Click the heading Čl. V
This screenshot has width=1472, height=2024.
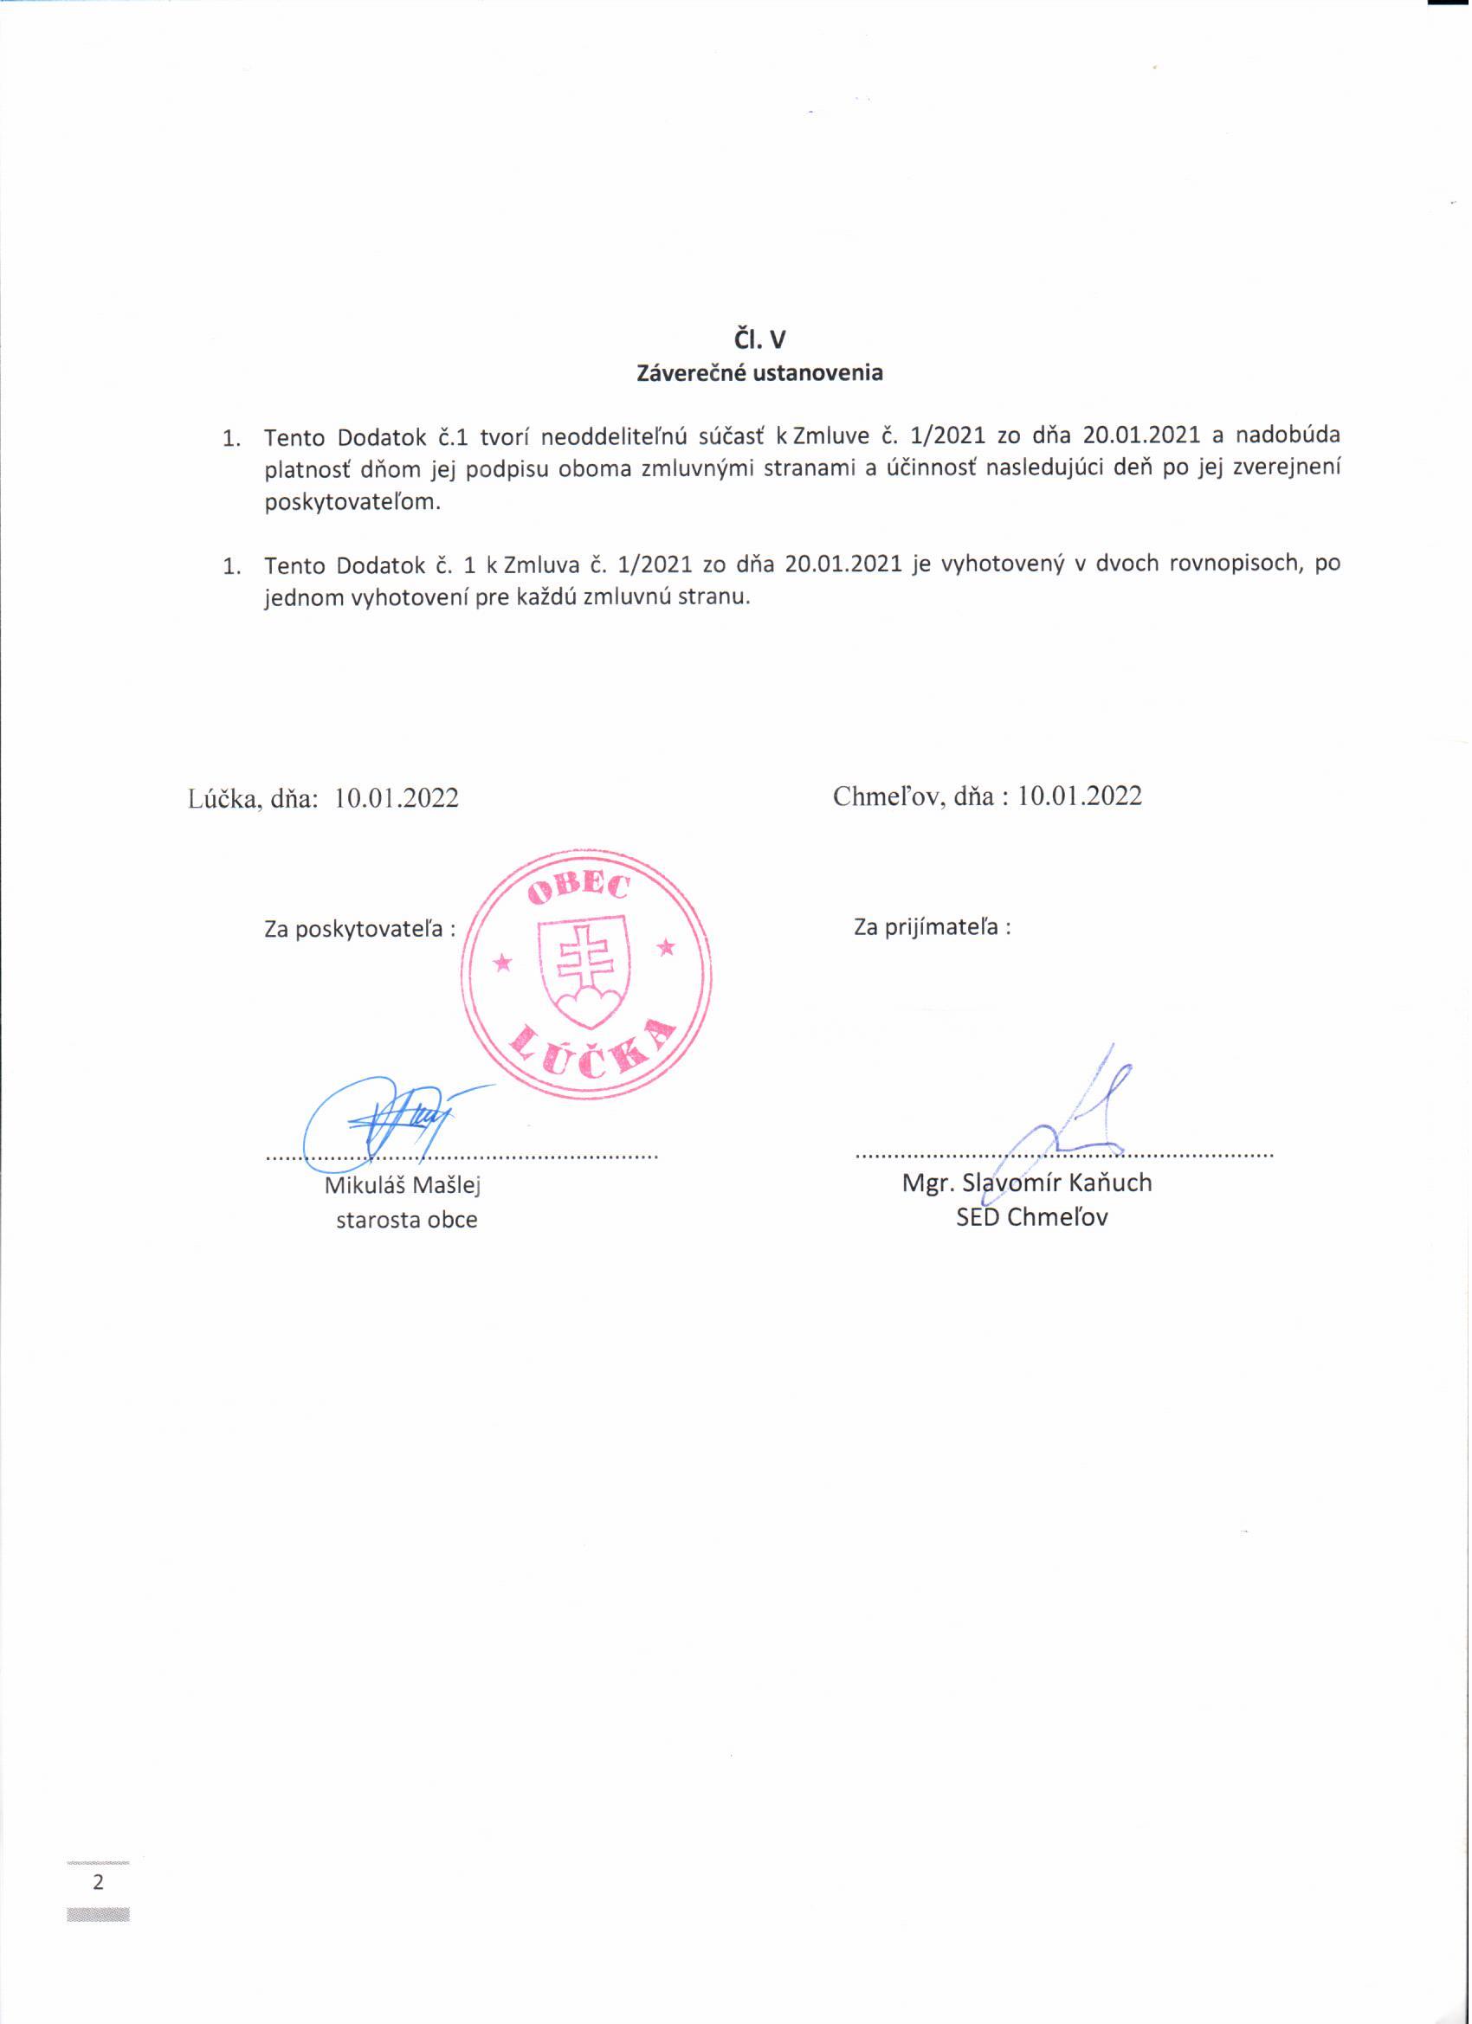(759, 339)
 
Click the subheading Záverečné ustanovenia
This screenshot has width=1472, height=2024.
(759, 373)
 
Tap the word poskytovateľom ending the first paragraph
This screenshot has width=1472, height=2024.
(352, 501)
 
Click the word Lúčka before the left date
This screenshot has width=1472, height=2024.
(223, 798)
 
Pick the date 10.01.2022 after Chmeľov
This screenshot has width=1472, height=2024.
(1080, 796)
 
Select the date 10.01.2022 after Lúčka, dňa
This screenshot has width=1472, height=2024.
(397, 798)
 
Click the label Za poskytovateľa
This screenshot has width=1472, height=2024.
(358, 929)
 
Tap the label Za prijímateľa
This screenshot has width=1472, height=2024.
(933, 927)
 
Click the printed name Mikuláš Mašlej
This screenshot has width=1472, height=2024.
(404, 1186)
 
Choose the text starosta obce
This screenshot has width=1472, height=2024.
(407, 1221)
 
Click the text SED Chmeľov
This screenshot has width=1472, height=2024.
(1032, 1218)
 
